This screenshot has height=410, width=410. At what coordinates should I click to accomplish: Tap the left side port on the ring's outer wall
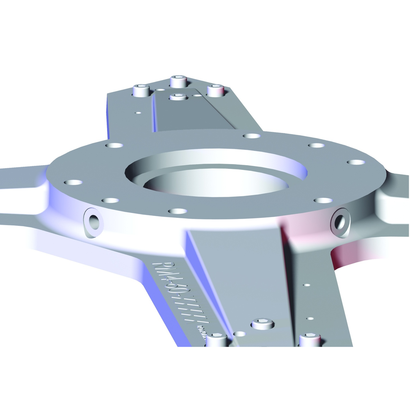click(93, 222)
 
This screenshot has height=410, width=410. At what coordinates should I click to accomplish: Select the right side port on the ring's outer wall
click(340, 222)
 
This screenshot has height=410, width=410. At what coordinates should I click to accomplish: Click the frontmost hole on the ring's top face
click(177, 211)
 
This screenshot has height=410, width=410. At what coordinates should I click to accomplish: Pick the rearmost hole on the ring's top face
click(251, 136)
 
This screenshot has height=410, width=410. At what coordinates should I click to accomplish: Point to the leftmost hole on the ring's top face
click(73, 182)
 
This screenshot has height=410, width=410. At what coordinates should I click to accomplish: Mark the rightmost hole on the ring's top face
click(356, 162)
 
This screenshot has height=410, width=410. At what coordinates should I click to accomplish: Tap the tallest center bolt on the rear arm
click(178, 81)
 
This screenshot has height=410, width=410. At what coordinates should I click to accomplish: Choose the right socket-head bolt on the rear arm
click(215, 90)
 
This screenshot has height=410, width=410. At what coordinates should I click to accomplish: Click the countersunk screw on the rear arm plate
click(178, 97)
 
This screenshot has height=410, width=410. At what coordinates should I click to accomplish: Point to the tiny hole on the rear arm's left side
click(138, 113)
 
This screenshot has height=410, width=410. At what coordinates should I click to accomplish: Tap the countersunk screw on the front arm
click(263, 323)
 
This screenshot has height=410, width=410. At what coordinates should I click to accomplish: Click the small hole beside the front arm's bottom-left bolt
click(239, 334)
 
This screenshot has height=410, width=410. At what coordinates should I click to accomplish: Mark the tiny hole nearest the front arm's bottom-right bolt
click(310, 319)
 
